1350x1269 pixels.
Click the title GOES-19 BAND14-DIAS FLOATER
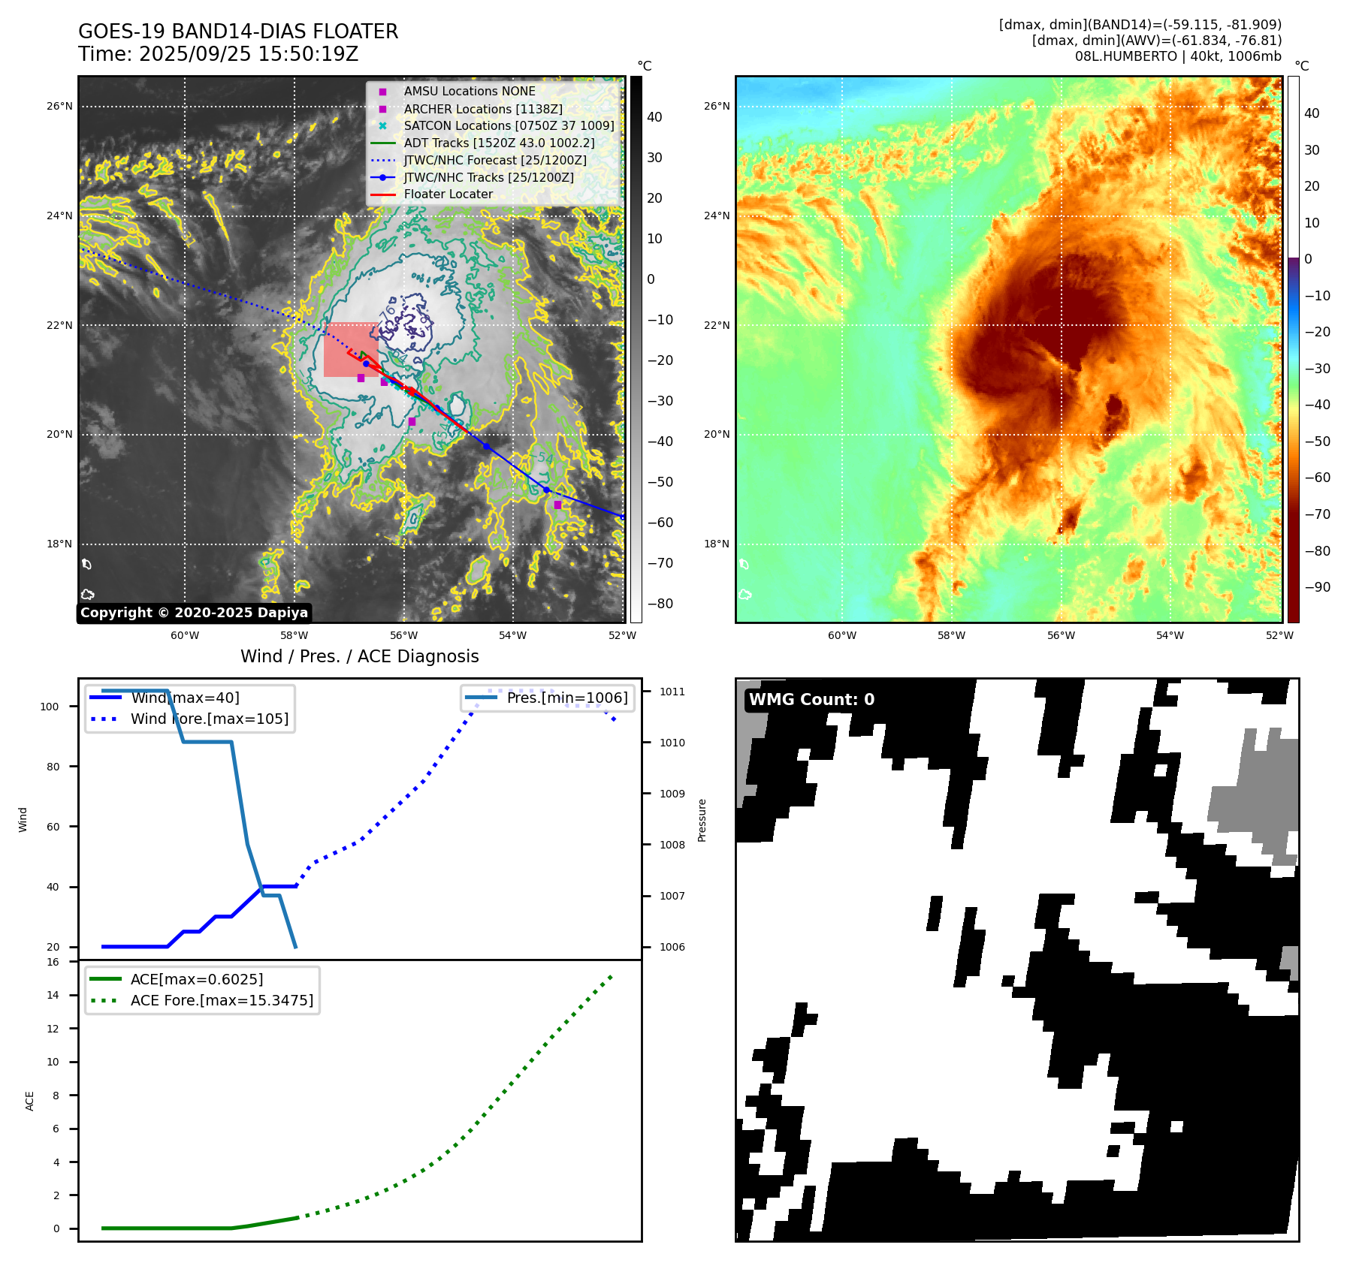click(238, 32)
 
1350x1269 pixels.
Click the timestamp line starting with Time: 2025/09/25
click(218, 54)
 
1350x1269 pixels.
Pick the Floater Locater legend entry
click(448, 194)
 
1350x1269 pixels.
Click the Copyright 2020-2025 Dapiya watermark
click(194, 613)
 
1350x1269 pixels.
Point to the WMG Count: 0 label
click(811, 699)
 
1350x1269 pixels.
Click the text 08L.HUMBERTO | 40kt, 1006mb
click(1177, 56)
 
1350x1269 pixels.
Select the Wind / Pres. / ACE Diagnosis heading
click(359, 656)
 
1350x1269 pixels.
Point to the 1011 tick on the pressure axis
click(672, 692)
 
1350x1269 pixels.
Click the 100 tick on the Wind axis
click(49, 707)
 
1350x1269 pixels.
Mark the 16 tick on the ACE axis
click(53, 962)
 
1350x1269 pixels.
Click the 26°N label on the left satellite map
click(59, 107)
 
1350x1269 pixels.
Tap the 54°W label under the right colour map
click(1170, 635)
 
